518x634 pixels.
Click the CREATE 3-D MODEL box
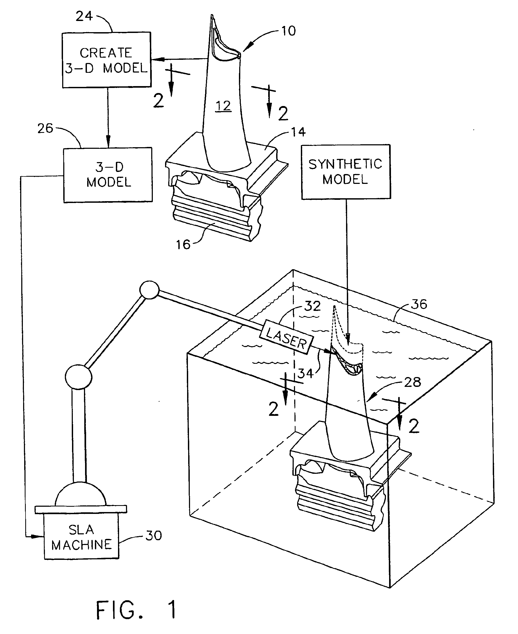coord(107,60)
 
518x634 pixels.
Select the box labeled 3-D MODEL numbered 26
coord(108,175)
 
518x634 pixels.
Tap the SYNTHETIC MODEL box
coord(346,172)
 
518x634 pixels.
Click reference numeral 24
coord(84,16)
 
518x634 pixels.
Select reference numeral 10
coord(289,31)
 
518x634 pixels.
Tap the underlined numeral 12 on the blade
coord(223,106)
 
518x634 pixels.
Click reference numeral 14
coord(298,132)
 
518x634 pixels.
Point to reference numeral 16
coord(183,245)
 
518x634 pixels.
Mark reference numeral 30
coord(154,535)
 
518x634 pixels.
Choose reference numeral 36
coord(419,304)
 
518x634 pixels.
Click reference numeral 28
coord(412,382)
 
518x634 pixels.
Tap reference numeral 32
coord(312,306)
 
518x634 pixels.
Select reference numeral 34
coord(305,373)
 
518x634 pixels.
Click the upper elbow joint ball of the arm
coord(149,290)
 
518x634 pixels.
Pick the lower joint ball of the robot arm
coord(78,377)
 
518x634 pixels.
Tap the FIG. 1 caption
coord(136,610)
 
